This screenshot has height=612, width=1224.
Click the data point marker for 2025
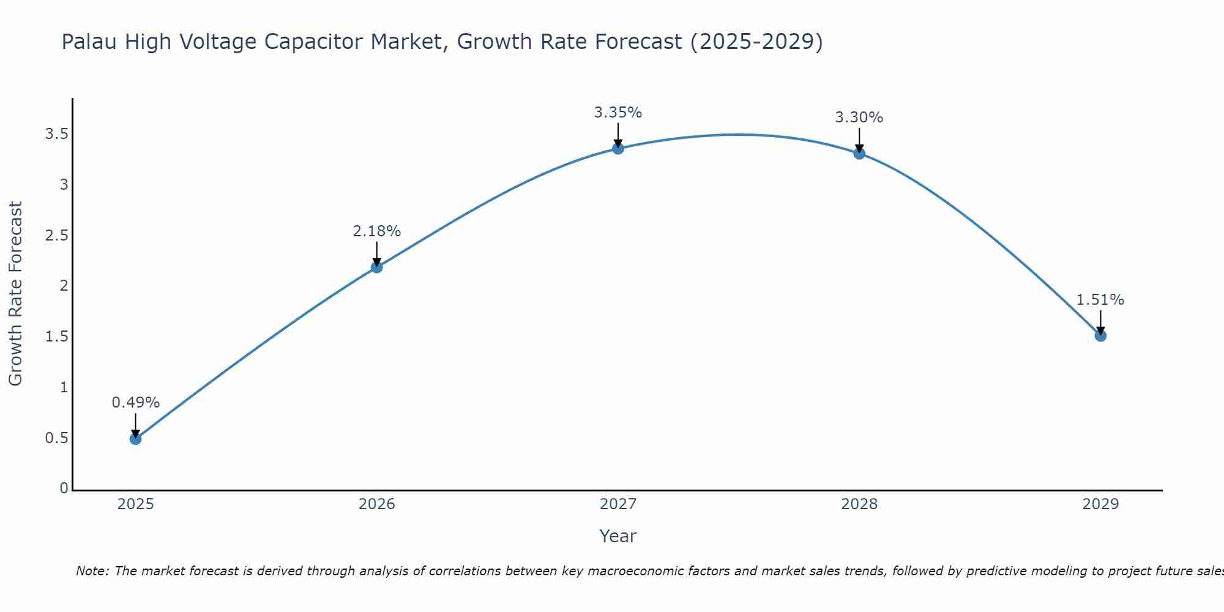pyautogui.click(x=136, y=439)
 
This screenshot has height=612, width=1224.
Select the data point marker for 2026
pyautogui.click(x=377, y=267)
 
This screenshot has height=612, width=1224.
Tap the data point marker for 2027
pyautogui.click(x=618, y=148)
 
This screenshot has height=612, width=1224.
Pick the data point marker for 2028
pyautogui.click(x=859, y=153)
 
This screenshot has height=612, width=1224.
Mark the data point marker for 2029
pyautogui.click(x=1100, y=335)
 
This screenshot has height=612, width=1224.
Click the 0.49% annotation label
pyautogui.click(x=136, y=403)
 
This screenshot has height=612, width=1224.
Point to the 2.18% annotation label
pyautogui.click(x=377, y=231)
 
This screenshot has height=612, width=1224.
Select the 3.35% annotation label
pyautogui.click(x=618, y=113)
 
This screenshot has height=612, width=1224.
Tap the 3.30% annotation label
pyautogui.click(x=859, y=118)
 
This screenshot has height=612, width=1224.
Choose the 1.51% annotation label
pyautogui.click(x=1100, y=300)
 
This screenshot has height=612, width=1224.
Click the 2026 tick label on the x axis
pyautogui.click(x=377, y=504)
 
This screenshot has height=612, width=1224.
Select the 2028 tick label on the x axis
pyautogui.click(x=859, y=504)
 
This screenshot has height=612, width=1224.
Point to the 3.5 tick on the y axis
pyautogui.click(x=56, y=134)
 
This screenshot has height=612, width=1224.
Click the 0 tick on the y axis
pyautogui.click(x=64, y=488)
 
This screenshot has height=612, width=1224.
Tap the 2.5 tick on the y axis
pyautogui.click(x=56, y=236)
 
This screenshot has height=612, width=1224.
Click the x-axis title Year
pyautogui.click(x=618, y=536)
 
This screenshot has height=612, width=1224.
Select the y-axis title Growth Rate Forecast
pyautogui.click(x=15, y=294)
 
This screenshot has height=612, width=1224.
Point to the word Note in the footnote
pyautogui.click(x=92, y=571)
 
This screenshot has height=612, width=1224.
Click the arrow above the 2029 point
pyautogui.click(x=1100, y=321)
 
